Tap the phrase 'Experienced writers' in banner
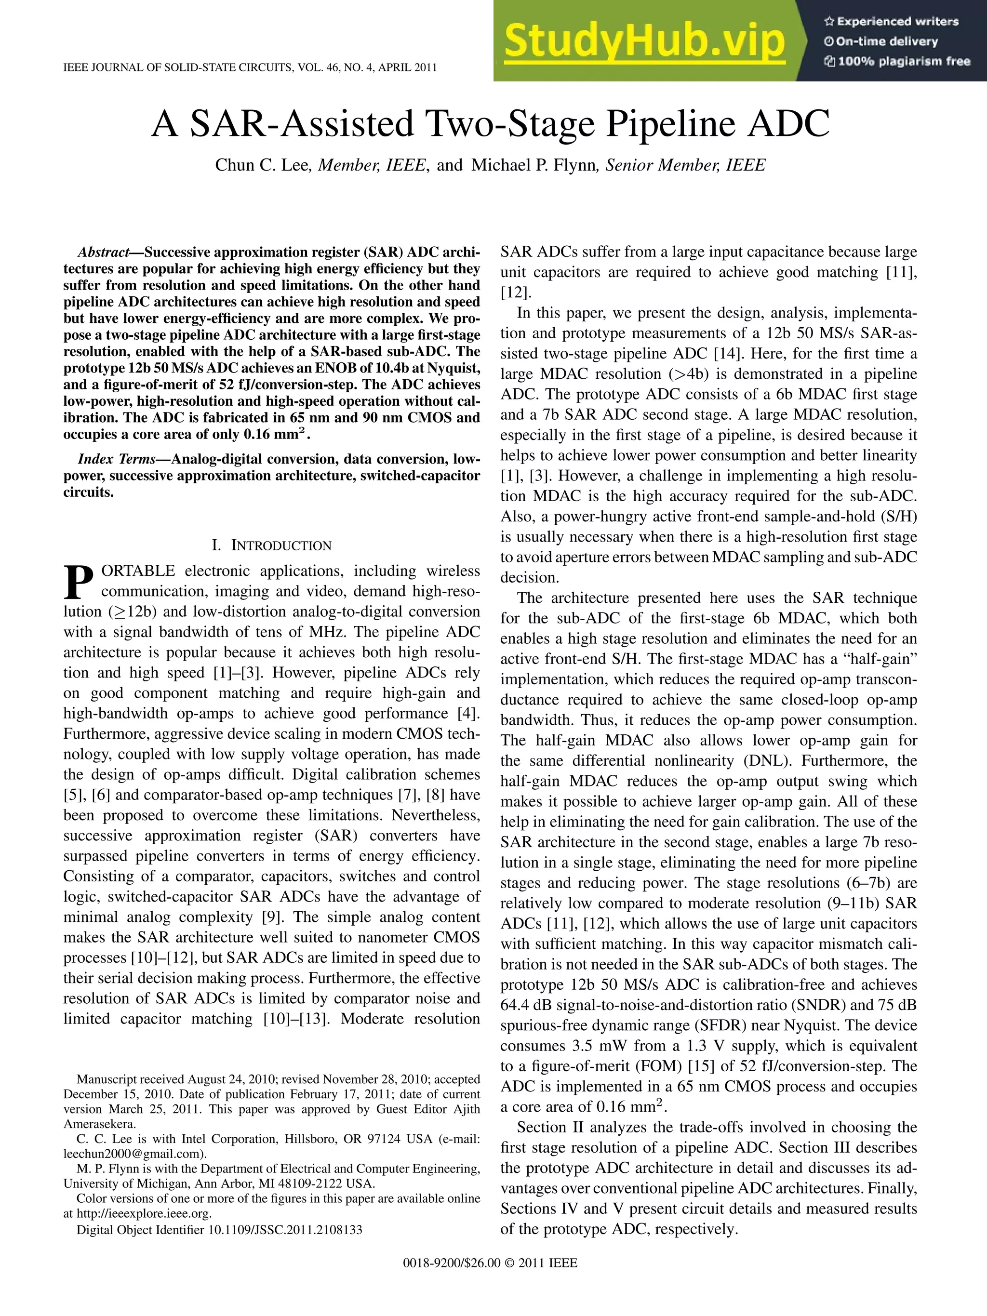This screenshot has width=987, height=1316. click(897, 21)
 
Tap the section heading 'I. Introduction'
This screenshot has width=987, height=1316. click(271, 545)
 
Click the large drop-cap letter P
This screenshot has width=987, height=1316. click(79, 583)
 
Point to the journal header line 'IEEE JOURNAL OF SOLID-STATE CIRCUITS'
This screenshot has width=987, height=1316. click(250, 67)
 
